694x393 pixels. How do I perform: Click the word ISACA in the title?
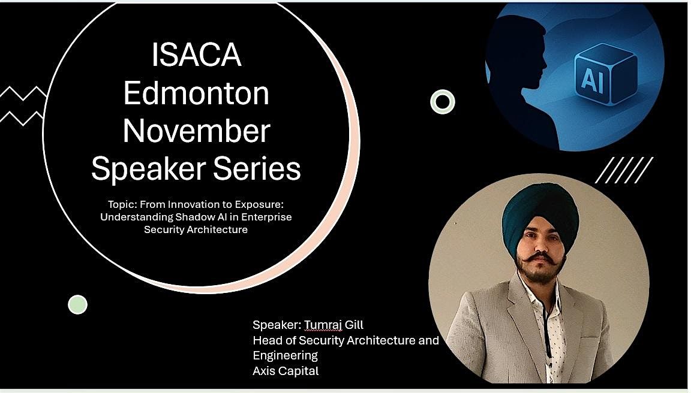point(196,56)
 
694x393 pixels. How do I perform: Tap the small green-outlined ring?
point(443,102)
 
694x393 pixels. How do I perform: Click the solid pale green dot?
point(77,304)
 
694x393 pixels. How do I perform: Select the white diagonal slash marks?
point(624,170)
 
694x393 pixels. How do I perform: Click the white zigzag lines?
point(23,105)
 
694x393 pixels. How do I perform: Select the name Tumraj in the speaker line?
point(323,325)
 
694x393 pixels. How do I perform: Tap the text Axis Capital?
point(286,371)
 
